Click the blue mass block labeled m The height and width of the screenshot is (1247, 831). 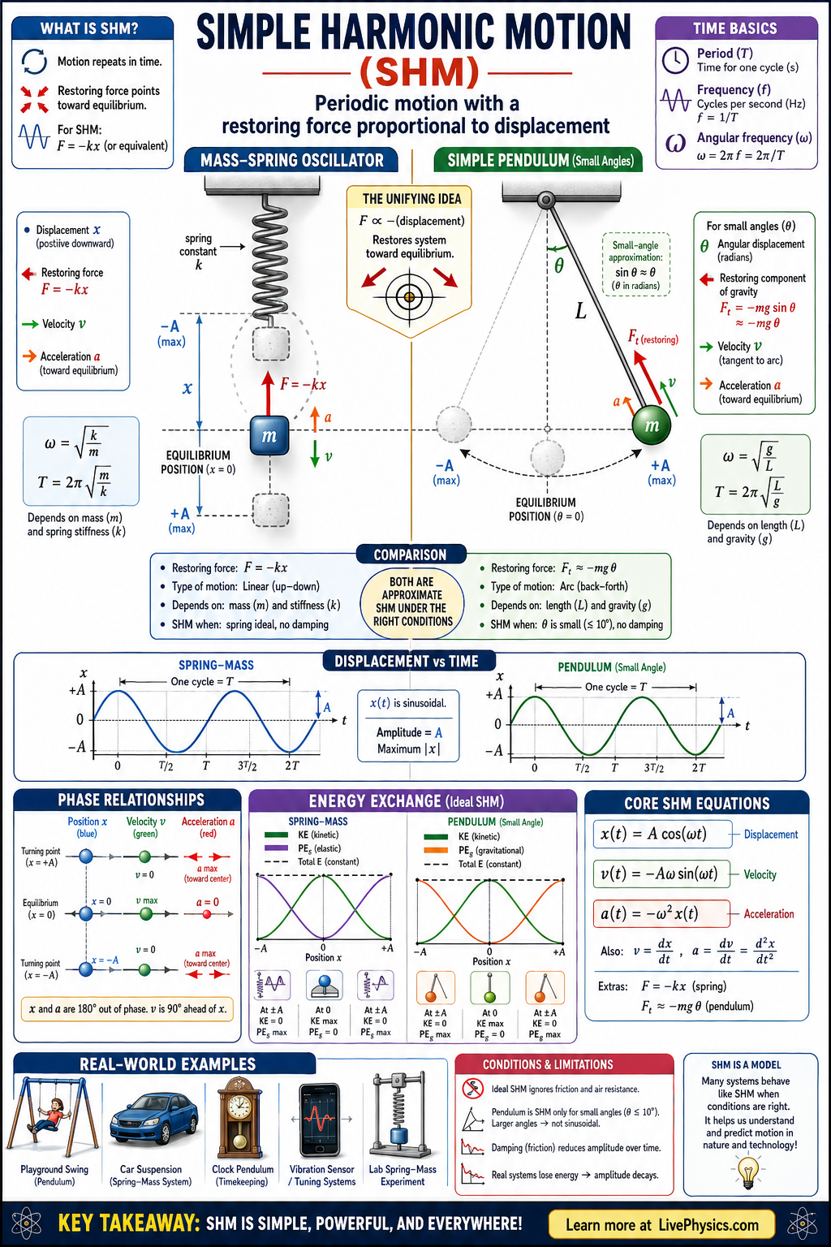(269, 436)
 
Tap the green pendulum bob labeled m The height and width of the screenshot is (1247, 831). (651, 425)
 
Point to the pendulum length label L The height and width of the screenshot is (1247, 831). (580, 311)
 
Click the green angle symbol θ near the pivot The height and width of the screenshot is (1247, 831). (559, 265)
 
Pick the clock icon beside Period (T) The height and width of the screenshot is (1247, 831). (675, 60)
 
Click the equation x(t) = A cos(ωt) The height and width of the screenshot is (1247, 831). (653, 835)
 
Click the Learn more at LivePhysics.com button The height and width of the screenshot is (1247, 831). (661, 1225)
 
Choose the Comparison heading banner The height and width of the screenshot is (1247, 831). (410, 554)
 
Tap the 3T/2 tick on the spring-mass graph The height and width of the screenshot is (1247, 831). (247, 766)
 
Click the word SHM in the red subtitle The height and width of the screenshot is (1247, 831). (420, 73)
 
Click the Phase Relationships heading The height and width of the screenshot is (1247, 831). (131, 800)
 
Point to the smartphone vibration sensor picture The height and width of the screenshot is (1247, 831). (321, 1124)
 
